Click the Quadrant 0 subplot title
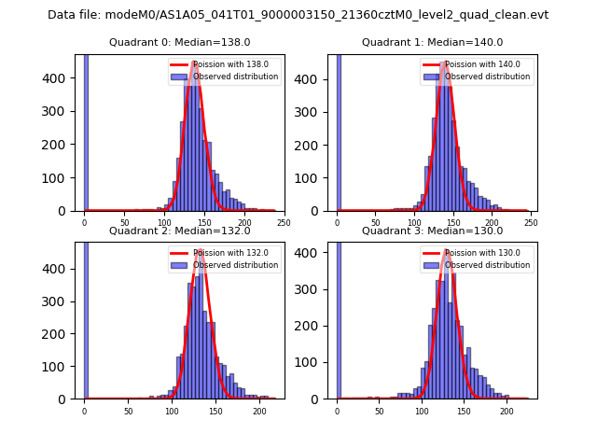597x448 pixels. pyautogui.click(x=180, y=42)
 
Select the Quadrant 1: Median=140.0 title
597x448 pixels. pyautogui.click(x=433, y=42)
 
